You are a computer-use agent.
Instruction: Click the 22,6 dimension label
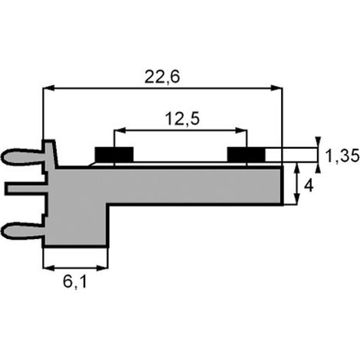click(162, 77)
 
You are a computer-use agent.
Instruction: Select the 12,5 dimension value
click(182, 119)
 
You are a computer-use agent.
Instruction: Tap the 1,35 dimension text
click(342, 156)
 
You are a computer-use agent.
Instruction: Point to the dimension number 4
click(309, 186)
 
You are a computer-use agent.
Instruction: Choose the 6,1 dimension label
click(75, 282)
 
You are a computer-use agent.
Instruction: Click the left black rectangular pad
click(114, 154)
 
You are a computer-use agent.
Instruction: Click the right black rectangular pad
click(247, 154)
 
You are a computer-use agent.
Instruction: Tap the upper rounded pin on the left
click(22, 156)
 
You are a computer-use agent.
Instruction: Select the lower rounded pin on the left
click(22, 230)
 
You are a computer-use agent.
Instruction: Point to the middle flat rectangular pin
click(26, 188)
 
